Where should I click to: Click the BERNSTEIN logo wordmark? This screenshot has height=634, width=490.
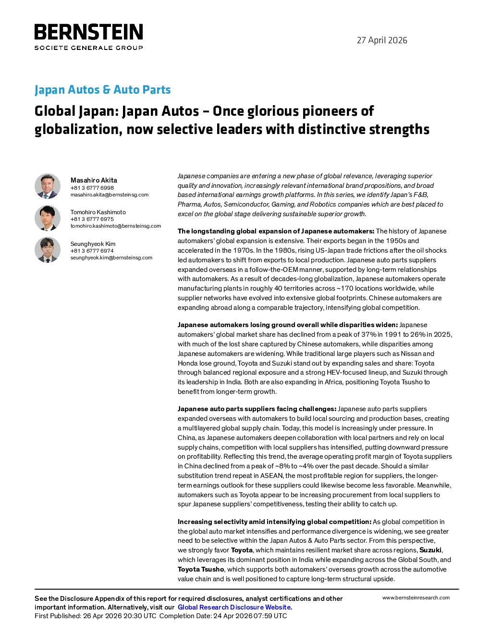[x=88, y=32]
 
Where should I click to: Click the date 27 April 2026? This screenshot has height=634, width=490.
[x=382, y=40]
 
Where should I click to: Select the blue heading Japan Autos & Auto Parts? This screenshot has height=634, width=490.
[x=102, y=89]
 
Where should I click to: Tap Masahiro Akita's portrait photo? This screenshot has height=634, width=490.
[x=48, y=186]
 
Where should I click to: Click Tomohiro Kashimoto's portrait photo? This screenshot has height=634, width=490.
[x=48, y=218]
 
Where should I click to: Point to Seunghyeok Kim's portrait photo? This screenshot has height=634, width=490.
[x=48, y=250]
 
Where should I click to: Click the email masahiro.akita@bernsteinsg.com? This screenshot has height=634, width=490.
[x=110, y=195]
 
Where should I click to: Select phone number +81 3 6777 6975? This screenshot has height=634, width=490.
[x=92, y=219]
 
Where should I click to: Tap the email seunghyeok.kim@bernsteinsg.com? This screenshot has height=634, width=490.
[x=111, y=257]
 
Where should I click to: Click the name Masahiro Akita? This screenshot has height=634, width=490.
[x=94, y=180]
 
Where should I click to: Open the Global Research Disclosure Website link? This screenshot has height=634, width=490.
[x=234, y=607]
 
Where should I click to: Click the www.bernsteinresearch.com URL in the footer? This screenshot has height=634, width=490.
[x=416, y=598]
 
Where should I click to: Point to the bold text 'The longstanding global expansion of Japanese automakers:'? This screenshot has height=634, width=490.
[x=276, y=232]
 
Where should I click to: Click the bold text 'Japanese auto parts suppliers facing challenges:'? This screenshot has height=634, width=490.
[x=257, y=409]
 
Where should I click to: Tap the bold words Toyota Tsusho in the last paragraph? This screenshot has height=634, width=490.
[x=201, y=570]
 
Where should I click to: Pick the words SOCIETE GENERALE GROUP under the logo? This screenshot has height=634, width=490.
[x=88, y=48]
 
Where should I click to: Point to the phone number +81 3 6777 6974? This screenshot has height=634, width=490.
[x=92, y=251]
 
